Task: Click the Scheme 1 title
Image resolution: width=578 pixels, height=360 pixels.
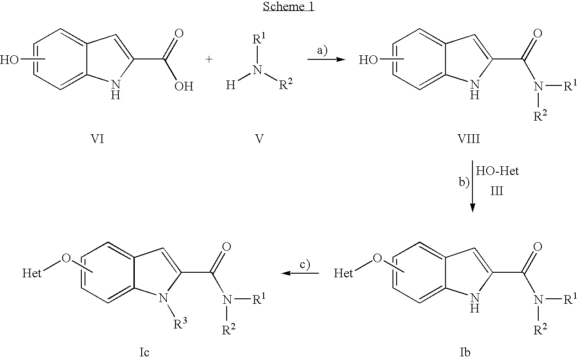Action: [288, 6]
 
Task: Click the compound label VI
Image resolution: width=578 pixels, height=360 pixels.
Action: [97, 139]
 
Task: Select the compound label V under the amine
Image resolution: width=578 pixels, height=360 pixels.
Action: [259, 139]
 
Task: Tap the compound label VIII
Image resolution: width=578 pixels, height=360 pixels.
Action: [469, 139]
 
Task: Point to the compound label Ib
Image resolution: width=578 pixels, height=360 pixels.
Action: [465, 352]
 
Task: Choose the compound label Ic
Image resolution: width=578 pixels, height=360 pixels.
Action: [144, 352]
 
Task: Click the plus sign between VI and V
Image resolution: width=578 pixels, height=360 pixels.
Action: [209, 59]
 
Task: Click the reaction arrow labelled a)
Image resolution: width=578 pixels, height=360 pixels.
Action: [326, 59]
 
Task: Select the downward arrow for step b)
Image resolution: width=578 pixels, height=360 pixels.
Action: [472, 186]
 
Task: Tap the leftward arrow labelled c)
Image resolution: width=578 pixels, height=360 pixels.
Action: [300, 273]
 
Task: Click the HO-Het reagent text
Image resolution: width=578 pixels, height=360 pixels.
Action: [497, 171]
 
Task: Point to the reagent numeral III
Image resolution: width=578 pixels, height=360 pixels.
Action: [497, 191]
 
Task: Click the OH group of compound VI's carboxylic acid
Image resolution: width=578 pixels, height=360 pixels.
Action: [184, 86]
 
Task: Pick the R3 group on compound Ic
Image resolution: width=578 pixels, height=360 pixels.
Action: [180, 323]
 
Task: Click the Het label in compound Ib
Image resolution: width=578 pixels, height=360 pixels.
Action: [343, 273]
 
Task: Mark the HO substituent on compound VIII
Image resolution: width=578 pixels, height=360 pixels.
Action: [368, 60]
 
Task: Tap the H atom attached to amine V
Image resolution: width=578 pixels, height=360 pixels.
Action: [230, 85]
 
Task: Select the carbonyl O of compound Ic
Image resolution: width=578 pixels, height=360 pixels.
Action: [227, 247]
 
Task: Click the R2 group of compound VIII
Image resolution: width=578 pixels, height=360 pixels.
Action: [541, 116]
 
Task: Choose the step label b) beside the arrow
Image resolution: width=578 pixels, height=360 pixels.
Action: [464, 182]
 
